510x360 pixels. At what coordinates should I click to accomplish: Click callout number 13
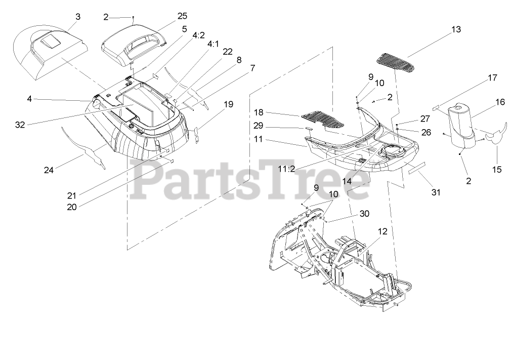coord(456,29)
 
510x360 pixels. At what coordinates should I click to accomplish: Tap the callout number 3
coord(77,17)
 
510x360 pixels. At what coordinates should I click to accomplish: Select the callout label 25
coord(182,17)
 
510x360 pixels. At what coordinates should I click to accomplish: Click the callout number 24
coord(49,171)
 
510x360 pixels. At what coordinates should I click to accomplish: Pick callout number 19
coord(228,104)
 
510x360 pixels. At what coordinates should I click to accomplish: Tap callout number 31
coord(436,192)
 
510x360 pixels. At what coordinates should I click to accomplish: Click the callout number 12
coord(382,231)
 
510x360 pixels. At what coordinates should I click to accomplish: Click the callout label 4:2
coord(199,35)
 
